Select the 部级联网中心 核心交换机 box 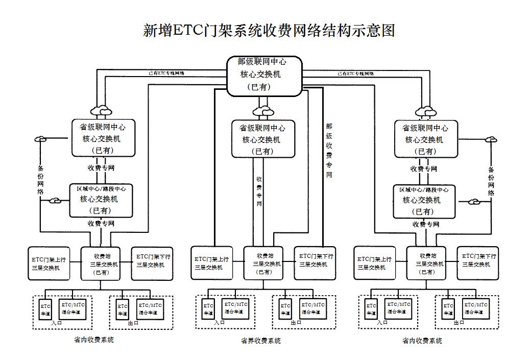point(264,75)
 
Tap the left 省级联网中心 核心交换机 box point(103,138)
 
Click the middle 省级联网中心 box point(263,139)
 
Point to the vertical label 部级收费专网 point(329,151)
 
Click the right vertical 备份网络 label point(491,181)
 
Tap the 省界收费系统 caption point(260,341)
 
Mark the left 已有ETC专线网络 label point(166,73)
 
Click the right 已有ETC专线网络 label point(354,73)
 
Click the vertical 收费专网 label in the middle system point(259,191)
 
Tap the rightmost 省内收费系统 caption point(422,341)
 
